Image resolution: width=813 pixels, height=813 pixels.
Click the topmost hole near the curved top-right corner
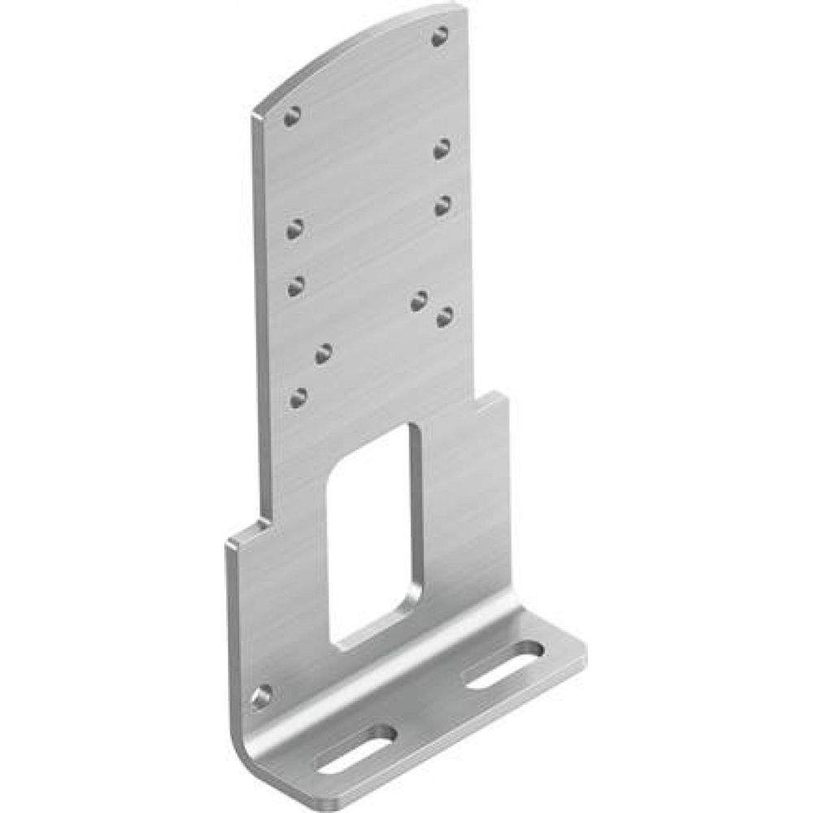[440, 36]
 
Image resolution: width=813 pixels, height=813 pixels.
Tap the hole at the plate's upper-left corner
[292, 115]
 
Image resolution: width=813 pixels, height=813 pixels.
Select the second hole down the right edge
[441, 148]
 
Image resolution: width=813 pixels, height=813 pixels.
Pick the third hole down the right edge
[442, 205]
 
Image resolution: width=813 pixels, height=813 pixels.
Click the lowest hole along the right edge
[445, 316]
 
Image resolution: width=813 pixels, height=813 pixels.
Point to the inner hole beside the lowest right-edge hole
[419, 301]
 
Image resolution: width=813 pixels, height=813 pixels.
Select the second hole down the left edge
[295, 228]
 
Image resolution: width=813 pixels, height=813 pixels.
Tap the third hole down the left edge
[296, 285]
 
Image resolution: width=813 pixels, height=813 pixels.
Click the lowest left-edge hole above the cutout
[298, 398]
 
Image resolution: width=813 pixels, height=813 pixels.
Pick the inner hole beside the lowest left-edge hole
[324, 353]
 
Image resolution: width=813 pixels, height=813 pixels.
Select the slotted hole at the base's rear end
[505, 664]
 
